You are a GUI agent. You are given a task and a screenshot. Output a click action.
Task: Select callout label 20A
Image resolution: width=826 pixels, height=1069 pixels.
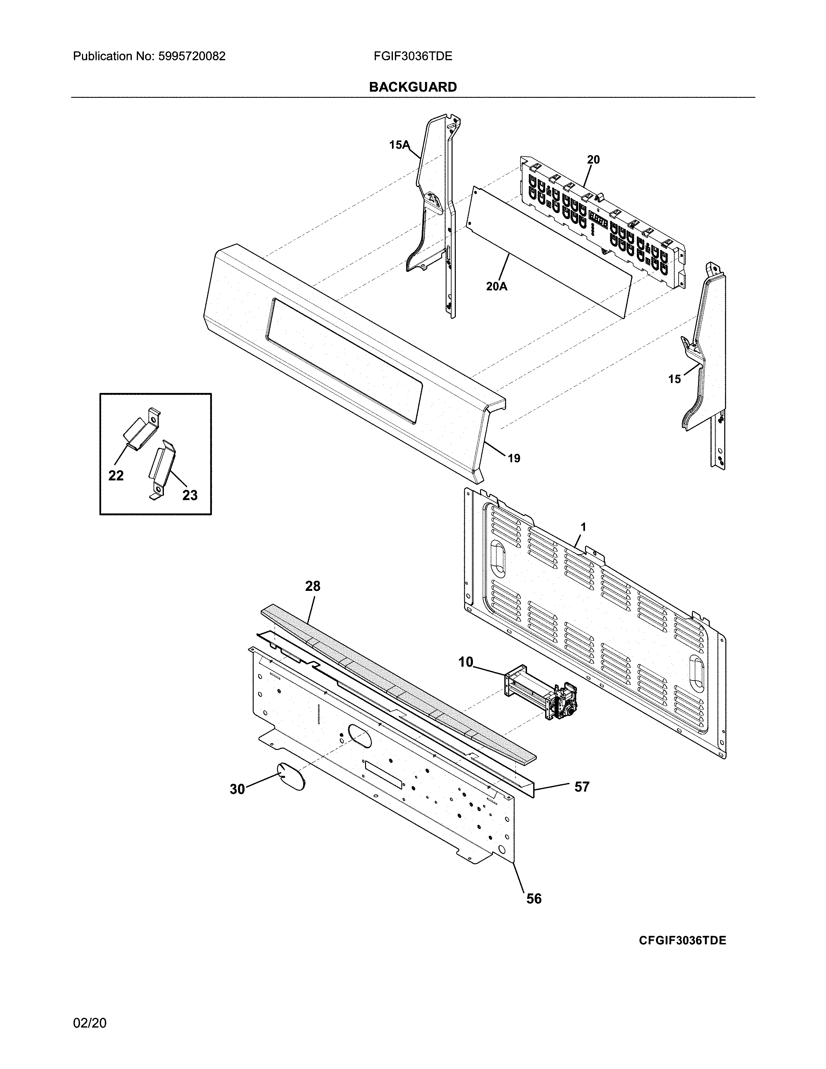(497, 286)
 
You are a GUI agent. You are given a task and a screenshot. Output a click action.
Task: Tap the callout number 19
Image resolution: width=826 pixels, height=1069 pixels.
(514, 459)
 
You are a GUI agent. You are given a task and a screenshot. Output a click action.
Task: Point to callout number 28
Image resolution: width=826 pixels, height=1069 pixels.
(313, 586)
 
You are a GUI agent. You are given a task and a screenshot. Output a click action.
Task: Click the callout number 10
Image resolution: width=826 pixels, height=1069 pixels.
(466, 662)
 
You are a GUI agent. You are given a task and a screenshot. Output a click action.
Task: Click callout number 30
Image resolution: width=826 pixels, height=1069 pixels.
(237, 789)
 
